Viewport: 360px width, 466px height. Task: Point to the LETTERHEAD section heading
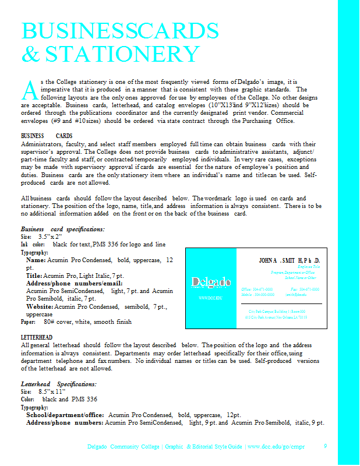(x=37, y=337)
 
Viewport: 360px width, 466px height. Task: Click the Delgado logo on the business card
(x=210, y=283)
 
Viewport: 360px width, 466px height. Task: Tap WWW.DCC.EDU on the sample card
(x=210, y=298)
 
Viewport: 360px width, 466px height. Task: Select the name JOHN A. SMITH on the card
(x=289, y=260)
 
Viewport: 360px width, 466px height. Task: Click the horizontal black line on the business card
(x=281, y=303)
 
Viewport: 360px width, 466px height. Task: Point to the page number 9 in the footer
(x=326, y=446)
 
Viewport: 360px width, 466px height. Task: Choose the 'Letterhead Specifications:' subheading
(x=59, y=384)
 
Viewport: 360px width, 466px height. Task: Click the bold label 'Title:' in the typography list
(x=34, y=275)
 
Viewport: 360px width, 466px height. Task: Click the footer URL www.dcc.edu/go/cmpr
(x=276, y=446)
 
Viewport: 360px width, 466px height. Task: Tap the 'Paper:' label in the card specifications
(x=29, y=321)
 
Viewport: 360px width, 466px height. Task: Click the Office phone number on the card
(x=257, y=290)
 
